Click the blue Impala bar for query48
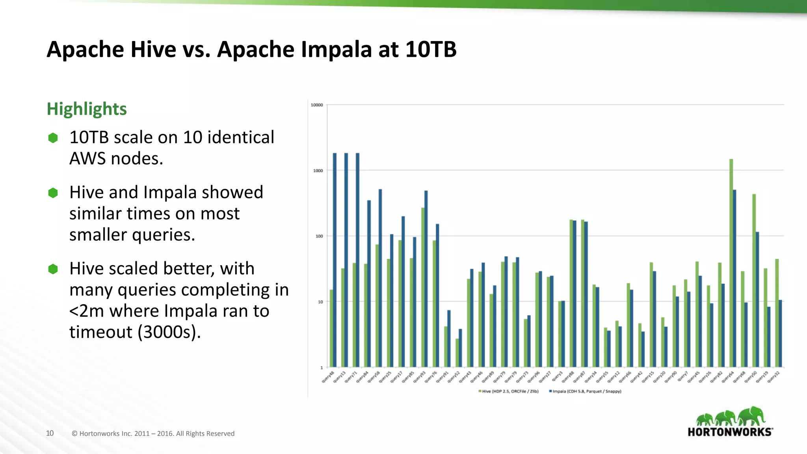[335, 260]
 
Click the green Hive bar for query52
[457, 353]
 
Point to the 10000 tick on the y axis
[316, 105]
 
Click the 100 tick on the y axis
[319, 236]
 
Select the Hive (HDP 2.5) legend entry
[509, 391]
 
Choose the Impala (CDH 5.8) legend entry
[586, 391]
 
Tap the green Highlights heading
[87, 109]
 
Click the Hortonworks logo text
[730, 432]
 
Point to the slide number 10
[50, 434]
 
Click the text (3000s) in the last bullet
[169, 332]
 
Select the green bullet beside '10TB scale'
[53, 138]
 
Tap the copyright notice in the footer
[153, 434]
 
